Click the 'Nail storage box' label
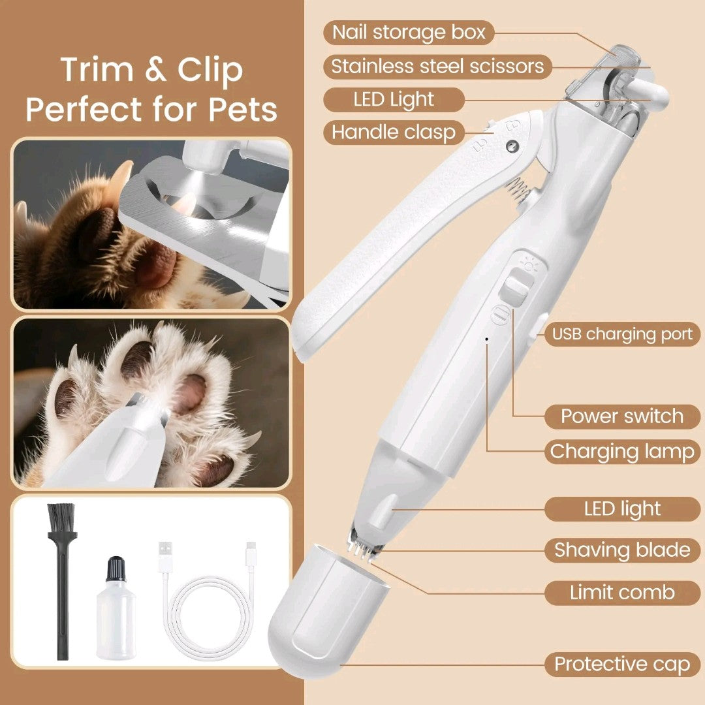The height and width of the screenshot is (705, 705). tap(409, 33)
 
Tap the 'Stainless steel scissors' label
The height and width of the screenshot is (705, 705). tap(437, 67)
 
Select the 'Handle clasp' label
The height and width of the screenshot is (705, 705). tap(394, 132)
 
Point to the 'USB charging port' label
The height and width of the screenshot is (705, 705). tap(622, 334)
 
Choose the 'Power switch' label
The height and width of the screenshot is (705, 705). tap(622, 416)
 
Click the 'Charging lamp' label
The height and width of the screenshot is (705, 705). tap(622, 452)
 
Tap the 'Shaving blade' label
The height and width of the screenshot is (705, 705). tap(622, 550)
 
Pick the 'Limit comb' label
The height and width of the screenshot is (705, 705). tap(622, 593)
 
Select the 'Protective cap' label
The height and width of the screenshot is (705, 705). tap(622, 664)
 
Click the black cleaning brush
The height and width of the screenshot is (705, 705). tap(62, 580)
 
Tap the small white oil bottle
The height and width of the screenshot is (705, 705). tap(116, 608)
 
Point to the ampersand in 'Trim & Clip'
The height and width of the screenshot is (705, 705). tap(155, 70)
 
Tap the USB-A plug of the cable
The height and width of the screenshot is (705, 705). tap(164, 557)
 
